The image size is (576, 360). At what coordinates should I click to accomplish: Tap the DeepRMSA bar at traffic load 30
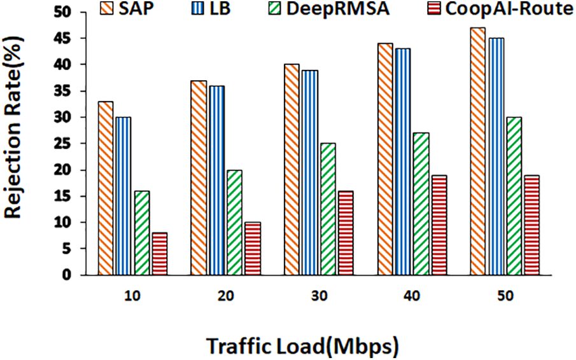tap(328, 209)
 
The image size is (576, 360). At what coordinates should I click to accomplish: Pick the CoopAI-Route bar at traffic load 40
tap(439, 225)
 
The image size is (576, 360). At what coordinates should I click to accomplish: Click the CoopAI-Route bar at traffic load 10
tap(160, 254)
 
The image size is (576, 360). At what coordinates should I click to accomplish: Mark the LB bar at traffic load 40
tap(403, 162)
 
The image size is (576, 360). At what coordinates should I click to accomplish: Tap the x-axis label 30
tap(319, 297)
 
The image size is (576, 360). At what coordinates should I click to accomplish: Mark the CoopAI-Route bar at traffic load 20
tap(253, 249)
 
